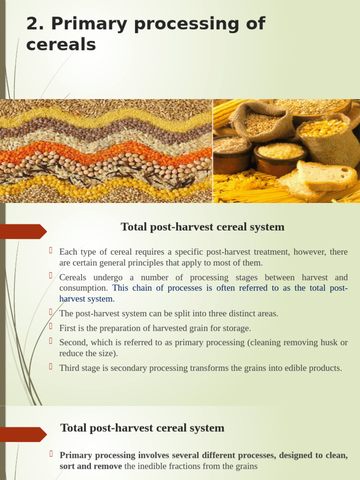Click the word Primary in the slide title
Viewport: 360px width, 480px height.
pyautogui.click(x=89, y=24)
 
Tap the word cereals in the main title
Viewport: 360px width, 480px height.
pyautogui.click(x=61, y=45)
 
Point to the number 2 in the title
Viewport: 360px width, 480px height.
pyautogui.click(x=32, y=24)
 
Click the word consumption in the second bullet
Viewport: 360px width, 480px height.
pyautogui.click(x=83, y=288)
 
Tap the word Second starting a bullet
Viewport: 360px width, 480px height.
pyautogui.click(x=73, y=343)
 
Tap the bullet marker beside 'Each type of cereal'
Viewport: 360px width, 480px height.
pyautogui.click(x=51, y=250)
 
